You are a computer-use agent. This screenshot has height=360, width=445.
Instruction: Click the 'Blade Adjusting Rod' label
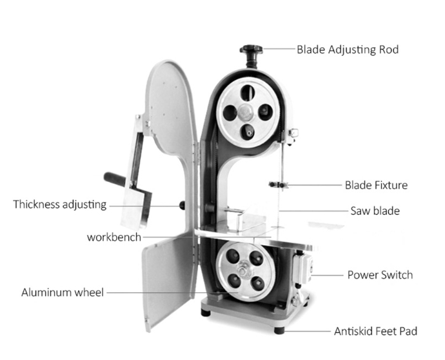(347, 49)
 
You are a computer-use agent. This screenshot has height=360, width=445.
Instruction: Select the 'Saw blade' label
(375, 211)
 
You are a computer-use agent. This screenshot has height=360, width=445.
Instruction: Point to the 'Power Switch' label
(380, 275)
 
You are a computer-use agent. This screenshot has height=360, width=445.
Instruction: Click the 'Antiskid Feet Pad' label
(375, 332)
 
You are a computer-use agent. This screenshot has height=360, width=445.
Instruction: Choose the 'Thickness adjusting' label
(60, 205)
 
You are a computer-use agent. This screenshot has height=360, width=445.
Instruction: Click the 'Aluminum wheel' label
(62, 292)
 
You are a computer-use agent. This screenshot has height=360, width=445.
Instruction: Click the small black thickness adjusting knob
(182, 206)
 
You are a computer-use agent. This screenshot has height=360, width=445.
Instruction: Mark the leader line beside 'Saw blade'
(313, 211)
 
